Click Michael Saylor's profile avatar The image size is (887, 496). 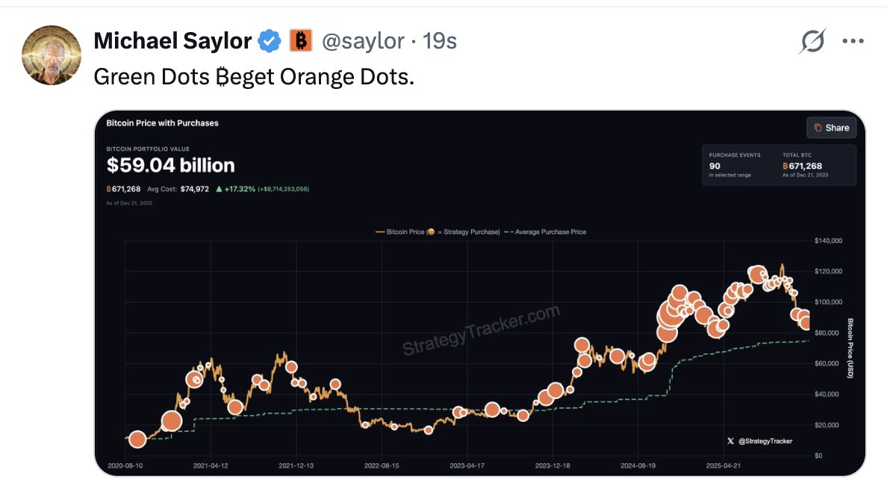[52, 55]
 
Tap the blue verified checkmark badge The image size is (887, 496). [270, 41]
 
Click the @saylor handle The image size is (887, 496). [363, 41]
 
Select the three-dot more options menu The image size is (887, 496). [853, 41]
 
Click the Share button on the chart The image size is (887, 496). [831, 128]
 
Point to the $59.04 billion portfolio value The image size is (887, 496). [170, 165]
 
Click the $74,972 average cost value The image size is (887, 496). [195, 189]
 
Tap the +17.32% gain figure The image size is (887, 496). [239, 189]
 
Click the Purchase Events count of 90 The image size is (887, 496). [714, 165]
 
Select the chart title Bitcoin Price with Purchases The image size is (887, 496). [162, 123]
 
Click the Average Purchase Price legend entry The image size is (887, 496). [546, 232]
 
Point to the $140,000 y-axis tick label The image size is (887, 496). [827, 241]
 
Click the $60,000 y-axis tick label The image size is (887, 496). [829, 363]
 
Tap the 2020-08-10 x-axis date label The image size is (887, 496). [125, 465]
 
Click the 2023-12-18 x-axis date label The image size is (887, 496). [553, 465]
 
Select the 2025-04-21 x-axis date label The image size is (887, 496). [723, 465]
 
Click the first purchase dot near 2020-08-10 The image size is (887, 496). [137, 439]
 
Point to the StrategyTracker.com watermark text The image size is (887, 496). [481, 329]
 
